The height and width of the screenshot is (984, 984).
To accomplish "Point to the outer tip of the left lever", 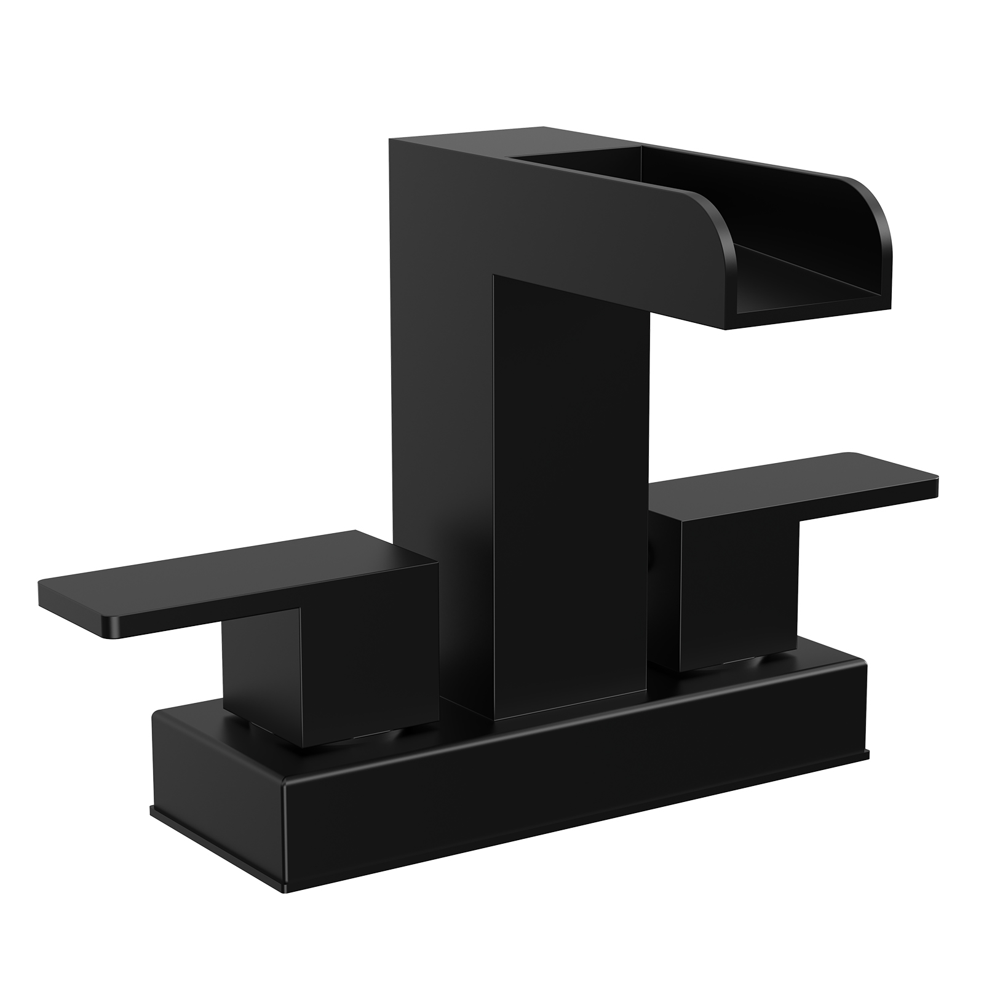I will (46, 593).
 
